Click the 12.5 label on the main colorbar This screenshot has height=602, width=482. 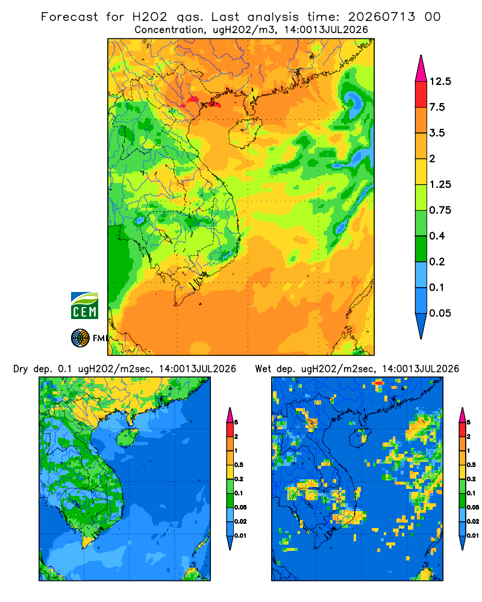click(440, 81)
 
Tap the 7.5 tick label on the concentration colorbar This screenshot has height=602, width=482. click(437, 107)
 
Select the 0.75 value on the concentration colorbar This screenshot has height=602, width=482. click(440, 210)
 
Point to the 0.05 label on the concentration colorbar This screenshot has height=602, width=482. click(440, 313)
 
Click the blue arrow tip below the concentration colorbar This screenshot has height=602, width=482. click(421, 326)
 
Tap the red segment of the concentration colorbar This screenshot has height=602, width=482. click(421, 95)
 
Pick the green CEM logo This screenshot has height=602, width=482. click(84, 305)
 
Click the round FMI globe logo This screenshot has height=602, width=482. click(80, 338)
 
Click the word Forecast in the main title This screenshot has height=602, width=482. click(69, 17)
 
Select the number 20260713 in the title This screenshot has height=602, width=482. click(381, 17)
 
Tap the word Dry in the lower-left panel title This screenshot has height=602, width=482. click(20, 370)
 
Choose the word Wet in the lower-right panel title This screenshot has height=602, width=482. click(263, 369)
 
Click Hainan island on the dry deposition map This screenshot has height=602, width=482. click(127, 438)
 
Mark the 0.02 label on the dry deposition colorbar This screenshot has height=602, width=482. click(240, 521)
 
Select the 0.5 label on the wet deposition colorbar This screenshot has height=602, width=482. click(471, 465)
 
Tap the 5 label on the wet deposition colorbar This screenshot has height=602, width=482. click(469, 423)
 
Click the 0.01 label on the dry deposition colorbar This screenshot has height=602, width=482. click(240, 536)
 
